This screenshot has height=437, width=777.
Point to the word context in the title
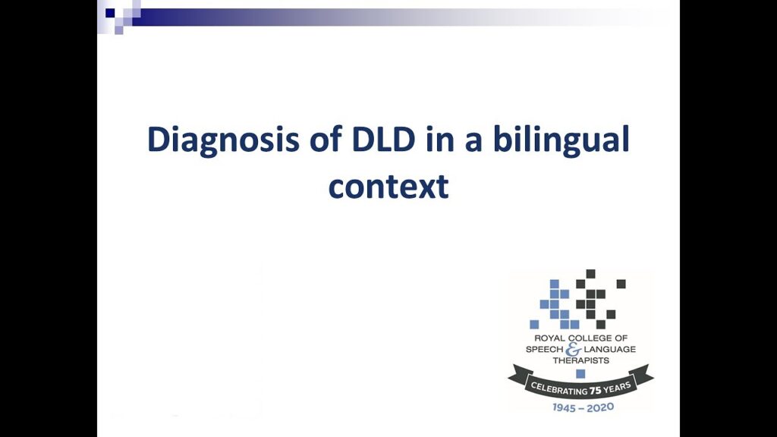pos(388,185)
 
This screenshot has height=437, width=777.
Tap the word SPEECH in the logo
pos(546,349)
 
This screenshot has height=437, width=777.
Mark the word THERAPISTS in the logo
pos(580,360)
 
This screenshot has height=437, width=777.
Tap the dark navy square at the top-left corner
pos(110,12)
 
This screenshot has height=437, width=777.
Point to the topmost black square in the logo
pos(590,274)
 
